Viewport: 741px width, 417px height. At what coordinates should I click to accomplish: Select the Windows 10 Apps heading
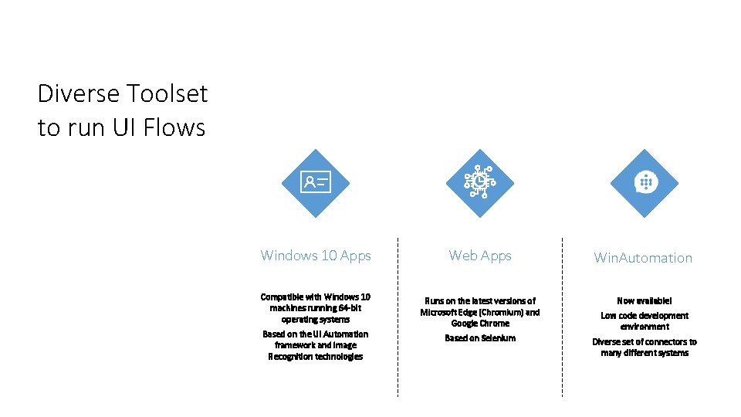316,256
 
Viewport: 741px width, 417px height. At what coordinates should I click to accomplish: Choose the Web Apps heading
480,256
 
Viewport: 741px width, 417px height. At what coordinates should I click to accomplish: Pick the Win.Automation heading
643,258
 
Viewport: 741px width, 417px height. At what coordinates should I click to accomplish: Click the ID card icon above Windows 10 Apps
315,183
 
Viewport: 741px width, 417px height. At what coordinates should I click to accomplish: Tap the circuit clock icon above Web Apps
479,183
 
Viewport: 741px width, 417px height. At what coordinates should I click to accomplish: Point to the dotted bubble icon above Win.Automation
645,183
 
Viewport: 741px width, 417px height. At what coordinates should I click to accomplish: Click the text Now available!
645,300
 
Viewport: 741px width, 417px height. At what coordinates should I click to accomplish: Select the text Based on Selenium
480,338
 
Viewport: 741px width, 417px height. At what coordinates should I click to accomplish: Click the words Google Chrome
480,324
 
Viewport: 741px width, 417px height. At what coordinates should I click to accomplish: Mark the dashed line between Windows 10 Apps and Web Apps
398,317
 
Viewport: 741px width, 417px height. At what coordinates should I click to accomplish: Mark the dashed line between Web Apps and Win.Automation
562,317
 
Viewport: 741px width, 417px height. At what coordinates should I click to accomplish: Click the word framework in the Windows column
296,345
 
